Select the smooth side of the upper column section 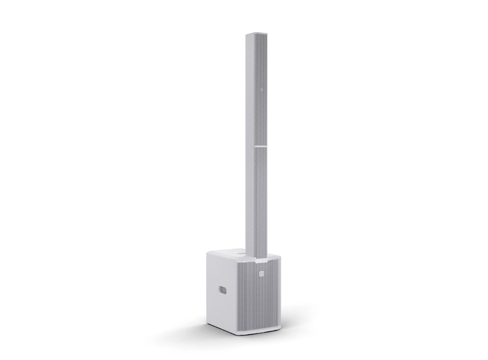tap(250, 90)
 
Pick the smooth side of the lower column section tap(250, 205)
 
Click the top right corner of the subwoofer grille tap(279, 258)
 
